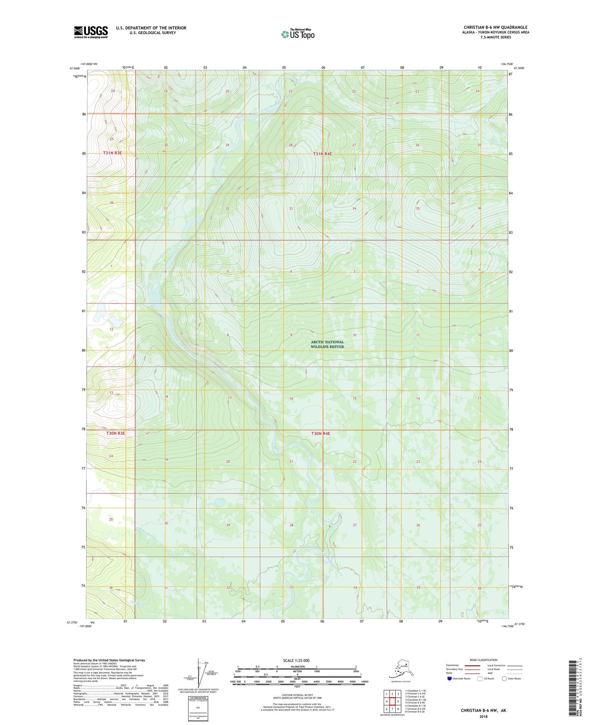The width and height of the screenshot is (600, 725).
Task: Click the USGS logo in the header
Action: click(x=91, y=32)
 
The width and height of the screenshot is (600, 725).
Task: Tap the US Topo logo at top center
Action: click(x=298, y=34)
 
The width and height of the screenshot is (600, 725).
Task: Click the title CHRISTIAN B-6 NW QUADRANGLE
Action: click(x=495, y=27)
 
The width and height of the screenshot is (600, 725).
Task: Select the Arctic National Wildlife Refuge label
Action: click(x=328, y=344)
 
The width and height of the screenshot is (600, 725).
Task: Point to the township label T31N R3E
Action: click(x=113, y=153)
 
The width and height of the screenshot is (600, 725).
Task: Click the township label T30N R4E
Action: click(x=321, y=434)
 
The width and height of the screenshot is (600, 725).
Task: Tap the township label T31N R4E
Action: click(x=322, y=154)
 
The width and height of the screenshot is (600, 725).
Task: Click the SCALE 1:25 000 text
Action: click(x=296, y=660)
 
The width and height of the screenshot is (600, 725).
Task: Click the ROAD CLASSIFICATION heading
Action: click(x=483, y=660)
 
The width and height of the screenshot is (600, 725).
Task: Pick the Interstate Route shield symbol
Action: click(x=450, y=678)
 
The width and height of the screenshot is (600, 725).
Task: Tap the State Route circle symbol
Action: click(x=504, y=678)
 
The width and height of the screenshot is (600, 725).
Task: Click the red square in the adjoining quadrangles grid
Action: click(x=392, y=701)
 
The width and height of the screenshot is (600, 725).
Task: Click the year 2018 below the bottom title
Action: click(x=483, y=716)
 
